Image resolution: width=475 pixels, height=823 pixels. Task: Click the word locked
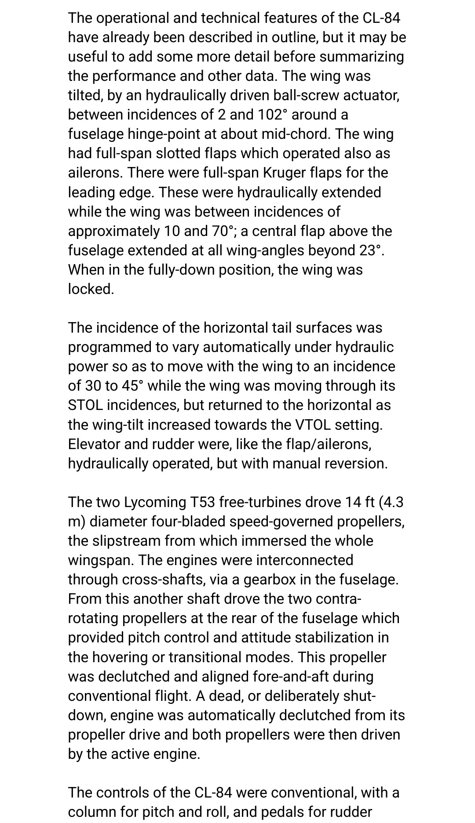[91, 289]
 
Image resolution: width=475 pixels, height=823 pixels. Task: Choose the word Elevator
[94, 444]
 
